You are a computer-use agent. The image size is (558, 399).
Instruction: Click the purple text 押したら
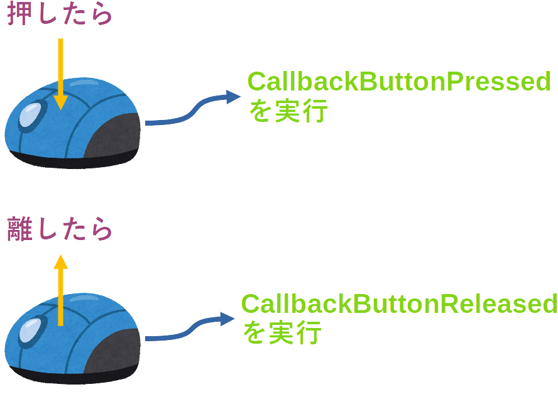[60, 15]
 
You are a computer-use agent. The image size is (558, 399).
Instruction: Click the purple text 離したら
[60, 230]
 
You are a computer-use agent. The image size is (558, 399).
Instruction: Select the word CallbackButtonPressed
[399, 82]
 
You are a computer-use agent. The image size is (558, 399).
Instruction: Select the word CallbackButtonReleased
[399, 304]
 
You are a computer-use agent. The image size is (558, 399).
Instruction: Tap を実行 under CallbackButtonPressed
[288, 112]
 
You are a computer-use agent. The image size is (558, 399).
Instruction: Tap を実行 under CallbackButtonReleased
[282, 332]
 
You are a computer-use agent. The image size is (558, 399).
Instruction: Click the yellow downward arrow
[60, 72]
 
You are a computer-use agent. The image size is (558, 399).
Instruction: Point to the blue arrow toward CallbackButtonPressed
[192, 110]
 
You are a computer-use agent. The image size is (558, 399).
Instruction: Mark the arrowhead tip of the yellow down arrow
[60, 109]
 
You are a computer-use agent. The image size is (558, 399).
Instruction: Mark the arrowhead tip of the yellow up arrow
[60, 256]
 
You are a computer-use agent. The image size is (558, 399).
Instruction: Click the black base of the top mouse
[69, 162]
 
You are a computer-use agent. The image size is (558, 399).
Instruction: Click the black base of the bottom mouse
[69, 378]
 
